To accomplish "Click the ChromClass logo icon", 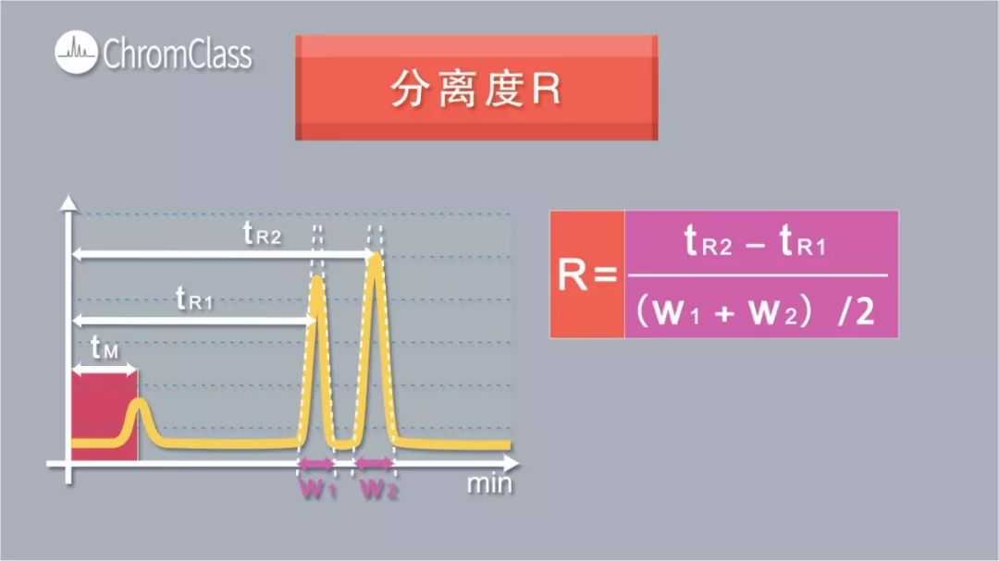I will (76, 53).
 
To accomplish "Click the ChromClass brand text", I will (177, 54).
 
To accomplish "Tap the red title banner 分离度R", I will (476, 88).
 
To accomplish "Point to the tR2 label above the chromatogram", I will (263, 234).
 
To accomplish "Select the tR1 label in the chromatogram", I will (194, 299).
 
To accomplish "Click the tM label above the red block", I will (104, 348).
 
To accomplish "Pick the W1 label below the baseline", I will (317, 490).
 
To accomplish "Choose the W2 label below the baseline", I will (378, 490).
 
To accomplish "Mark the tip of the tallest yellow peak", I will (375, 258).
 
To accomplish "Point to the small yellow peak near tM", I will (140, 404).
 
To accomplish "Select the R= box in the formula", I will (587, 274).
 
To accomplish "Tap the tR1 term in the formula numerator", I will (803, 244).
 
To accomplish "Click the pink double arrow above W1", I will (316, 463).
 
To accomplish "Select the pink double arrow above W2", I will (376, 463).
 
